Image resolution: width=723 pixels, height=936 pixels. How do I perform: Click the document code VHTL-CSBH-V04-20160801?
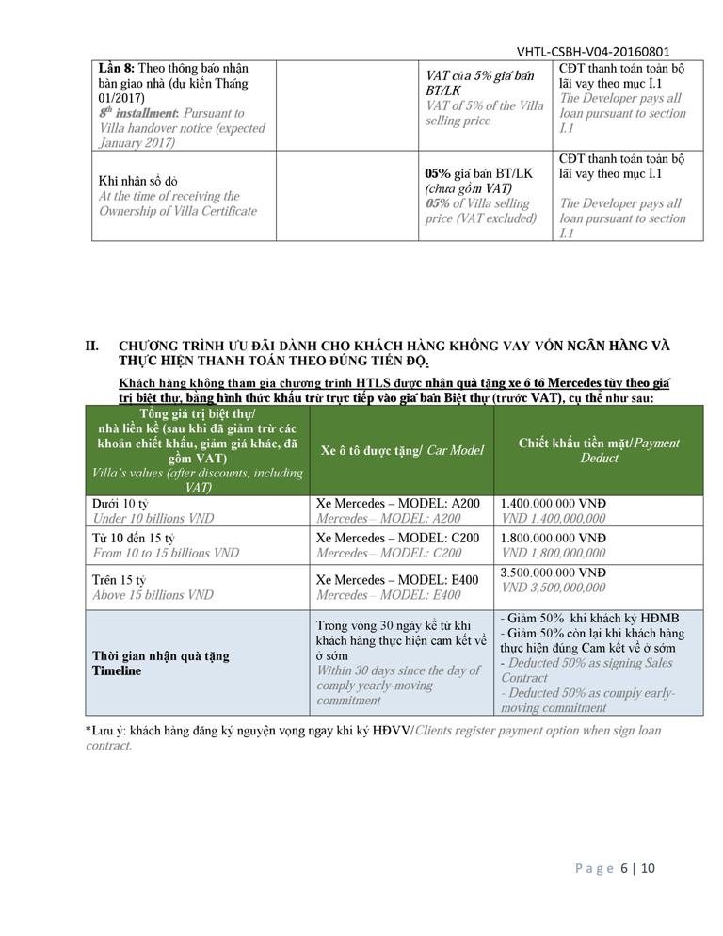tap(593, 53)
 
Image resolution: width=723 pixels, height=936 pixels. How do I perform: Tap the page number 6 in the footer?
tap(623, 868)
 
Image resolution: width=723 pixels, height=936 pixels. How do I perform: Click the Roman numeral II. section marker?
tap(92, 347)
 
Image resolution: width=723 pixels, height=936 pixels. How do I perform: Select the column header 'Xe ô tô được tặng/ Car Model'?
tap(402, 450)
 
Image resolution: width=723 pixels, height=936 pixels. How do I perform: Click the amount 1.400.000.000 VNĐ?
tap(554, 504)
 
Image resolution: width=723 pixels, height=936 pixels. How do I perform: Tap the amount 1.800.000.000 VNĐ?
tap(554, 538)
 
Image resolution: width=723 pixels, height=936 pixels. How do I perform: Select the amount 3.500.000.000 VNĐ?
tap(554, 573)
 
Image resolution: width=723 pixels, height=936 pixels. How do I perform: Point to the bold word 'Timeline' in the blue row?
tap(117, 670)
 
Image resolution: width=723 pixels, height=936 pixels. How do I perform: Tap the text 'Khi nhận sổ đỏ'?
tap(137, 181)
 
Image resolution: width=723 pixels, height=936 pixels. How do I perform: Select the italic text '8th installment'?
tap(137, 113)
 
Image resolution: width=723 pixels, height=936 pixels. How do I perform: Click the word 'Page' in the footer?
tap(594, 868)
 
